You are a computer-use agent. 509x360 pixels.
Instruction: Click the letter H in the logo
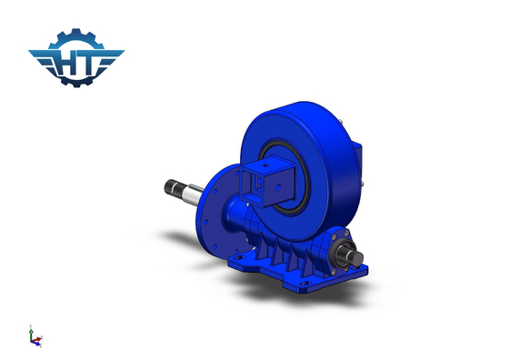coord(66,63)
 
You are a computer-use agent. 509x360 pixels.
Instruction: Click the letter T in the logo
coord(87,62)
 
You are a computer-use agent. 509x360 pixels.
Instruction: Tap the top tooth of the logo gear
coord(76,31)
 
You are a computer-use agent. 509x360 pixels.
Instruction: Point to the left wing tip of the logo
coord(29,51)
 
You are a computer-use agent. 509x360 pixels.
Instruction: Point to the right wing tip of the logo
coord(124,51)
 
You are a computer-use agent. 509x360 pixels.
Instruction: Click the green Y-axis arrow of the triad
coord(31,331)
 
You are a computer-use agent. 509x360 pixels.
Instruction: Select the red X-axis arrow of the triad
coord(39,339)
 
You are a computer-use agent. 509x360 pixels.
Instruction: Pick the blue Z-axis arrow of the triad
coord(35,343)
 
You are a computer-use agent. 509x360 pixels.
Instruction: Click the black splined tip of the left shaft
coord(171,187)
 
